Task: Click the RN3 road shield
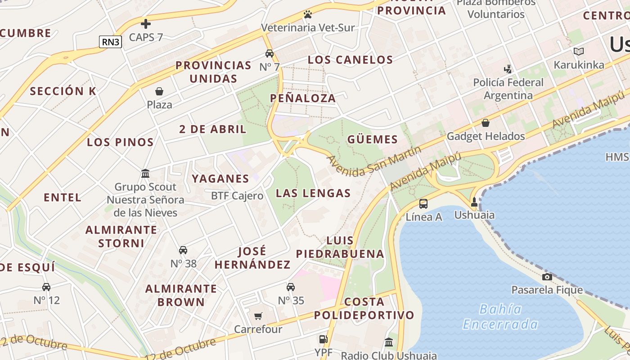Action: tap(110, 42)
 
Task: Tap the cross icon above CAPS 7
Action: tap(146, 24)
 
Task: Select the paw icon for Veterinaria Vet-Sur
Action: tap(308, 14)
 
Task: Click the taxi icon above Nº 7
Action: tap(270, 54)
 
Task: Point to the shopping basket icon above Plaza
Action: tap(159, 91)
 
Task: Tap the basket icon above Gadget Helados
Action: tap(486, 122)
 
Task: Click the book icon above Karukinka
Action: tap(579, 52)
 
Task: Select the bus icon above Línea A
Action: tap(423, 204)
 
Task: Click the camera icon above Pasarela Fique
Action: tap(547, 277)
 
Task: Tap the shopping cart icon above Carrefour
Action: tap(258, 316)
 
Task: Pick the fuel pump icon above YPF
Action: tap(323, 339)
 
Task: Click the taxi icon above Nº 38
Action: tap(183, 250)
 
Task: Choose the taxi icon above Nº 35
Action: tap(291, 287)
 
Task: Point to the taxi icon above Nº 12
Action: tap(46, 287)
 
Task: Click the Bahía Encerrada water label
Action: tap(500, 317)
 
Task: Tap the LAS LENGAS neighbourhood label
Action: tap(313, 193)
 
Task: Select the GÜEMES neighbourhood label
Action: tap(373, 139)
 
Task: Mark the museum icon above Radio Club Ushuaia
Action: tap(389, 342)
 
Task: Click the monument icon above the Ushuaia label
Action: tap(474, 202)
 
